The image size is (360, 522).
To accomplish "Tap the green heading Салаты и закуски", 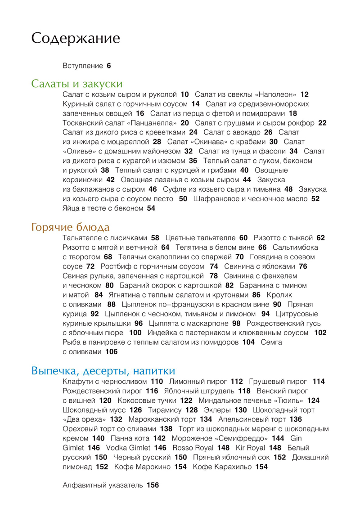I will point(77,84).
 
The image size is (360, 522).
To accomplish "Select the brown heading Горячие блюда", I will point(71,227).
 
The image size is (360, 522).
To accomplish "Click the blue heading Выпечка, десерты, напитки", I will point(103,371).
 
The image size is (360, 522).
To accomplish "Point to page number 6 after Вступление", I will point(108,66).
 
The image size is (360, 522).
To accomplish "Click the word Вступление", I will point(83,66).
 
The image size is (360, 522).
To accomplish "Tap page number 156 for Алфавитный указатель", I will point(153,486).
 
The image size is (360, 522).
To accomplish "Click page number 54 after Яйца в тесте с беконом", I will point(151,208).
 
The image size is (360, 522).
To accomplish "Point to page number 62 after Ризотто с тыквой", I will point(320,238).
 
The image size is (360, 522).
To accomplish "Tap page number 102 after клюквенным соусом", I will point(320,333).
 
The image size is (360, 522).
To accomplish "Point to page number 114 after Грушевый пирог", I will point(319,382).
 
